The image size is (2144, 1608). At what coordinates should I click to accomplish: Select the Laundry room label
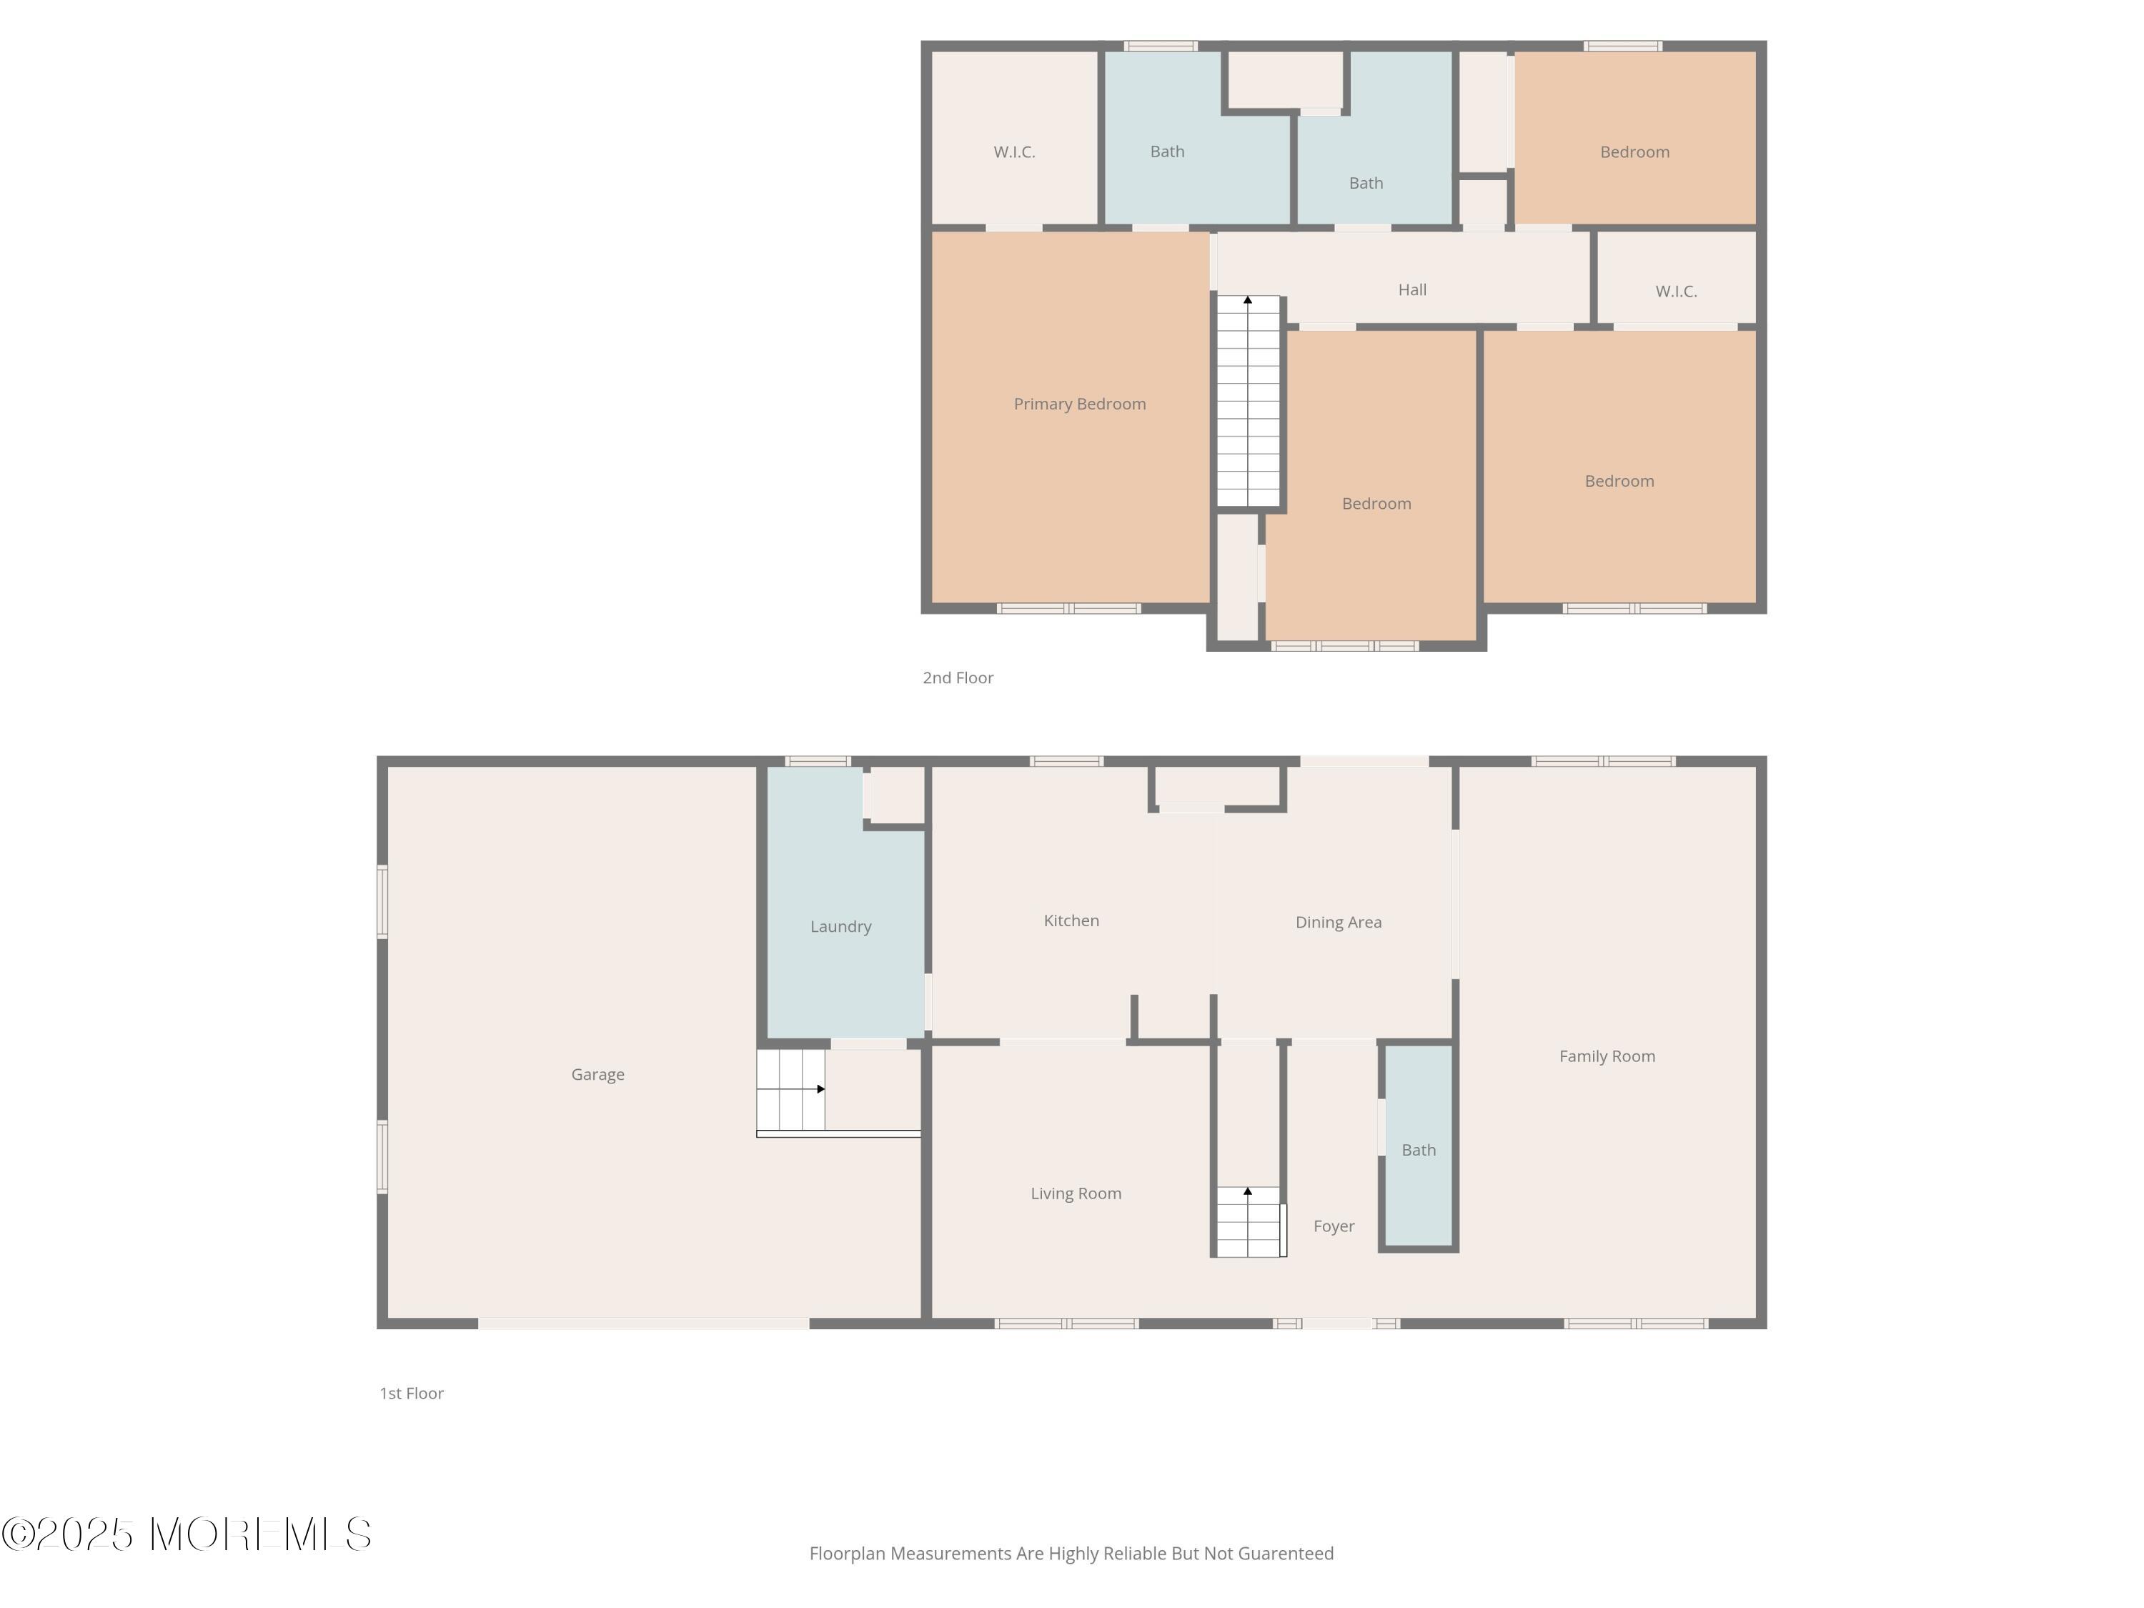click(x=840, y=927)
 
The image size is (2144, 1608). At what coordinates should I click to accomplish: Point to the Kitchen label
click(x=1071, y=920)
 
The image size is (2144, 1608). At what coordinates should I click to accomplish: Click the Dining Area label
click(x=1338, y=923)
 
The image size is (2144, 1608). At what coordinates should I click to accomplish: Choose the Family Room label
click(x=1606, y=1056)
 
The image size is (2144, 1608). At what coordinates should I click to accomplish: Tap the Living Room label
click(x=1075, y=1193)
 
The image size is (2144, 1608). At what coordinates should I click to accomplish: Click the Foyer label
click(x=1333, y=1226)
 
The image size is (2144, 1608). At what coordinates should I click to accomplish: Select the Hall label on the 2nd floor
click(x=1411, y=290)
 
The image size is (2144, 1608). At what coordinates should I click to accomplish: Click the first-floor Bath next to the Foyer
click(x=1418, y=1151)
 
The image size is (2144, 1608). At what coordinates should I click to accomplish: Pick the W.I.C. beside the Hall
click(x=1675, y=292)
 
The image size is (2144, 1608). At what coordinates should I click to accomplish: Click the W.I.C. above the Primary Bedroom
click(x=1014, y=152)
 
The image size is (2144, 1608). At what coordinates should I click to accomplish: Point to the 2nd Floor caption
click(x=958, y=678)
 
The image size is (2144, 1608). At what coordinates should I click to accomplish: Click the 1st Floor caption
click(x=411, y=1394)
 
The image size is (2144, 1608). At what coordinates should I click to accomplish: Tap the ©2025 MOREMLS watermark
click(x=186, y=1534)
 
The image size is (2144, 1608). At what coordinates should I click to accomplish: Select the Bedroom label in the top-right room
click(x=1634, y=152)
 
